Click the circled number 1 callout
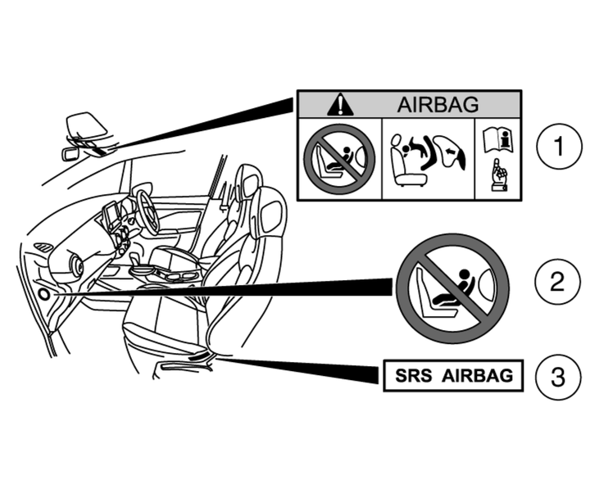click(x=559, y=146)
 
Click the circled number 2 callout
click(x=557, y=281)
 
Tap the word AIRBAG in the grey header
click(x=438, y=104)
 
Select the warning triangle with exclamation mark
click(x=340, y=104)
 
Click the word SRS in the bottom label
click(x=414, y=376)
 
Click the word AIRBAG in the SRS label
click(x=477, y=376)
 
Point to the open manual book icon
click(x=498, y=140)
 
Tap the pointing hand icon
click(x=499, y=175)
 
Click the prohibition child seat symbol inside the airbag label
click(x=339, y=160)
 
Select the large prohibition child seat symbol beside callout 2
click(x=452, y=288)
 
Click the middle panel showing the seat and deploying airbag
click(x=429, y=159)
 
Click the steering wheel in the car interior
click(x=148, y=210)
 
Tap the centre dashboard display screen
click(x=111, y=215)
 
